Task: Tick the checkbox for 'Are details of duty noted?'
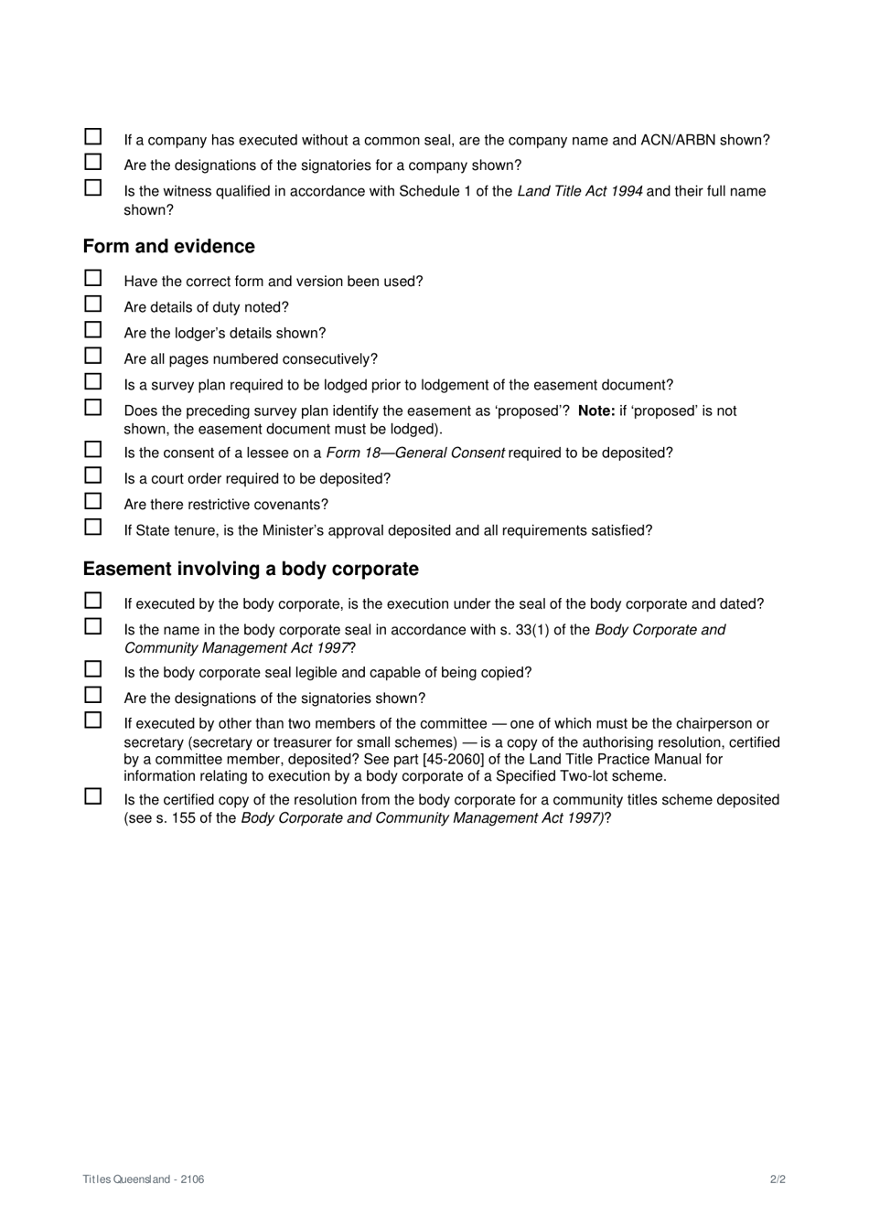click(93, 304)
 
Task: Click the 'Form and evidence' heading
click(168, 246)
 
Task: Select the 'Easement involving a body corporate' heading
click(251, 569)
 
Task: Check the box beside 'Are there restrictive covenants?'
click(93, 501)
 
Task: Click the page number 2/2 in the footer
click(778, 1179)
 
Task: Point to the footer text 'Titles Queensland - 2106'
click(144, 1179)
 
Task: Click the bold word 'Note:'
click(596, 411)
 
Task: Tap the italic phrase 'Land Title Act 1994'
click(579, 191)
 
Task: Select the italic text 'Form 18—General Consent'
click(415, 453)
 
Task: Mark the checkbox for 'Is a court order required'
click(93, 475)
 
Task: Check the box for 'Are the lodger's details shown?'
click(93, 330)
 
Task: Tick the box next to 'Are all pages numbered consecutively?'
click(93, 356)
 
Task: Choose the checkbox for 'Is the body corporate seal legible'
click(93, 669)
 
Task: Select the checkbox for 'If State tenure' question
click(93, 528)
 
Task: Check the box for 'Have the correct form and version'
click(93, 278)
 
